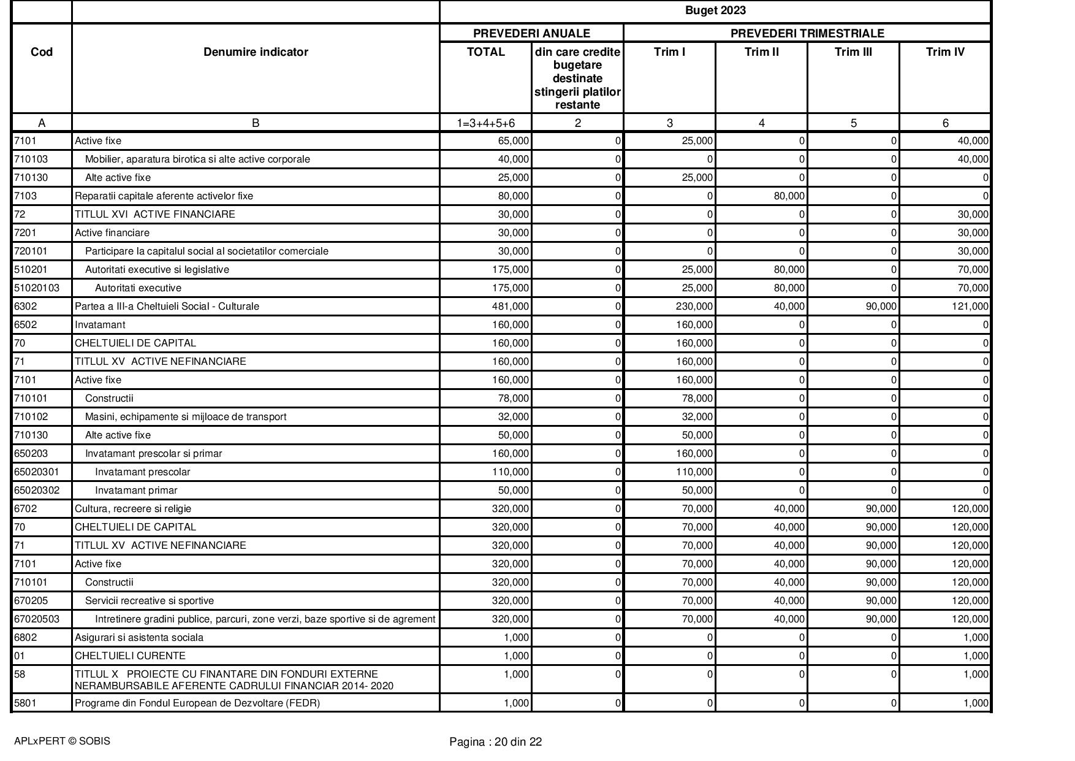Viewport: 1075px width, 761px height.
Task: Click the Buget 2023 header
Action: coord(715,10)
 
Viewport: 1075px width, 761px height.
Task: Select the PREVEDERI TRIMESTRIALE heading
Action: coord(807,33)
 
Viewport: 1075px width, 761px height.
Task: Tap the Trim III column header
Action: coord(853,52)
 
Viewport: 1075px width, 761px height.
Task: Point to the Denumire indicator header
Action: coord(256,52)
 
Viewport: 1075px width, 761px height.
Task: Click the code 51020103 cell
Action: coord(37,288)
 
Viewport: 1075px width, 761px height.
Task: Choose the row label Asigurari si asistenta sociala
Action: coord(139,637)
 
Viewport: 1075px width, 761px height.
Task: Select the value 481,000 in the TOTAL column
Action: coord(511,306)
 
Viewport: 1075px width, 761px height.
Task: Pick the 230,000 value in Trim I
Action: coord(694,306)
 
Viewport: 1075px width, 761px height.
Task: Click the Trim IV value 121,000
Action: coord(970,306)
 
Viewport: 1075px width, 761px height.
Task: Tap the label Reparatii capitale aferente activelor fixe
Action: coord(164,196)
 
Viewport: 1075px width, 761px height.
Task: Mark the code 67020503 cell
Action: coord(37,619)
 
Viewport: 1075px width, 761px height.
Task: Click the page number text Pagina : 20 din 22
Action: coord(495,742)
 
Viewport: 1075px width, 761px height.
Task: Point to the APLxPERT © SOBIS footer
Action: coord(62,741)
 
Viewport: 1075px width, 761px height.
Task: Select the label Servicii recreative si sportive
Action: coord(150,600)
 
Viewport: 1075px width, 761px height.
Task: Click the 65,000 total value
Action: coord(514,140)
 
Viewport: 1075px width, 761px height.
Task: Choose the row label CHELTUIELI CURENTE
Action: coord(130,656)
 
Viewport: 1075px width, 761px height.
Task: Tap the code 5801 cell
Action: coord(25,703)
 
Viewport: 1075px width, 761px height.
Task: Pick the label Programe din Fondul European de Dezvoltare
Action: coord(197,703)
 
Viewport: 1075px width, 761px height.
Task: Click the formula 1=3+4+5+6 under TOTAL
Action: coord(485,123)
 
